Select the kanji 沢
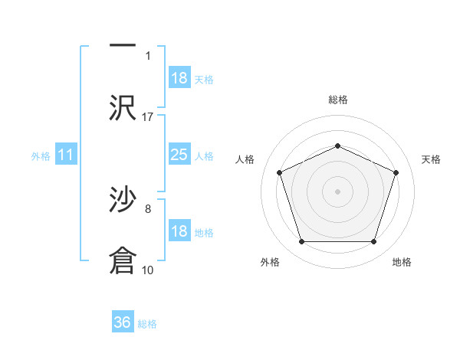(x=123, y=107)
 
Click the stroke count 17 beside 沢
(x=148, y=116)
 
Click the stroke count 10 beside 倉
(x=148, y=270)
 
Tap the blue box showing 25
(x=179, y=155)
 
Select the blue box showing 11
(x=65, y=155)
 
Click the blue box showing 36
(x=123, y=322)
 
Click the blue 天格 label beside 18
(x=204, y=80)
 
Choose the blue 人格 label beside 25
(x=204, y=156)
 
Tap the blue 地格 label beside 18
(x=204, y=233)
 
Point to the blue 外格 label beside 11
(x=41, y=156)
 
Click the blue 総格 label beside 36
(x=147, y=324)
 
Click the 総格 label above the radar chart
(x=337, y=100)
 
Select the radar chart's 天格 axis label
(x=431, y=159)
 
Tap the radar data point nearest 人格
(x=279, y=172)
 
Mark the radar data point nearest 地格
(x=373, y=241)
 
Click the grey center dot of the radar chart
(x=337, y=191)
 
